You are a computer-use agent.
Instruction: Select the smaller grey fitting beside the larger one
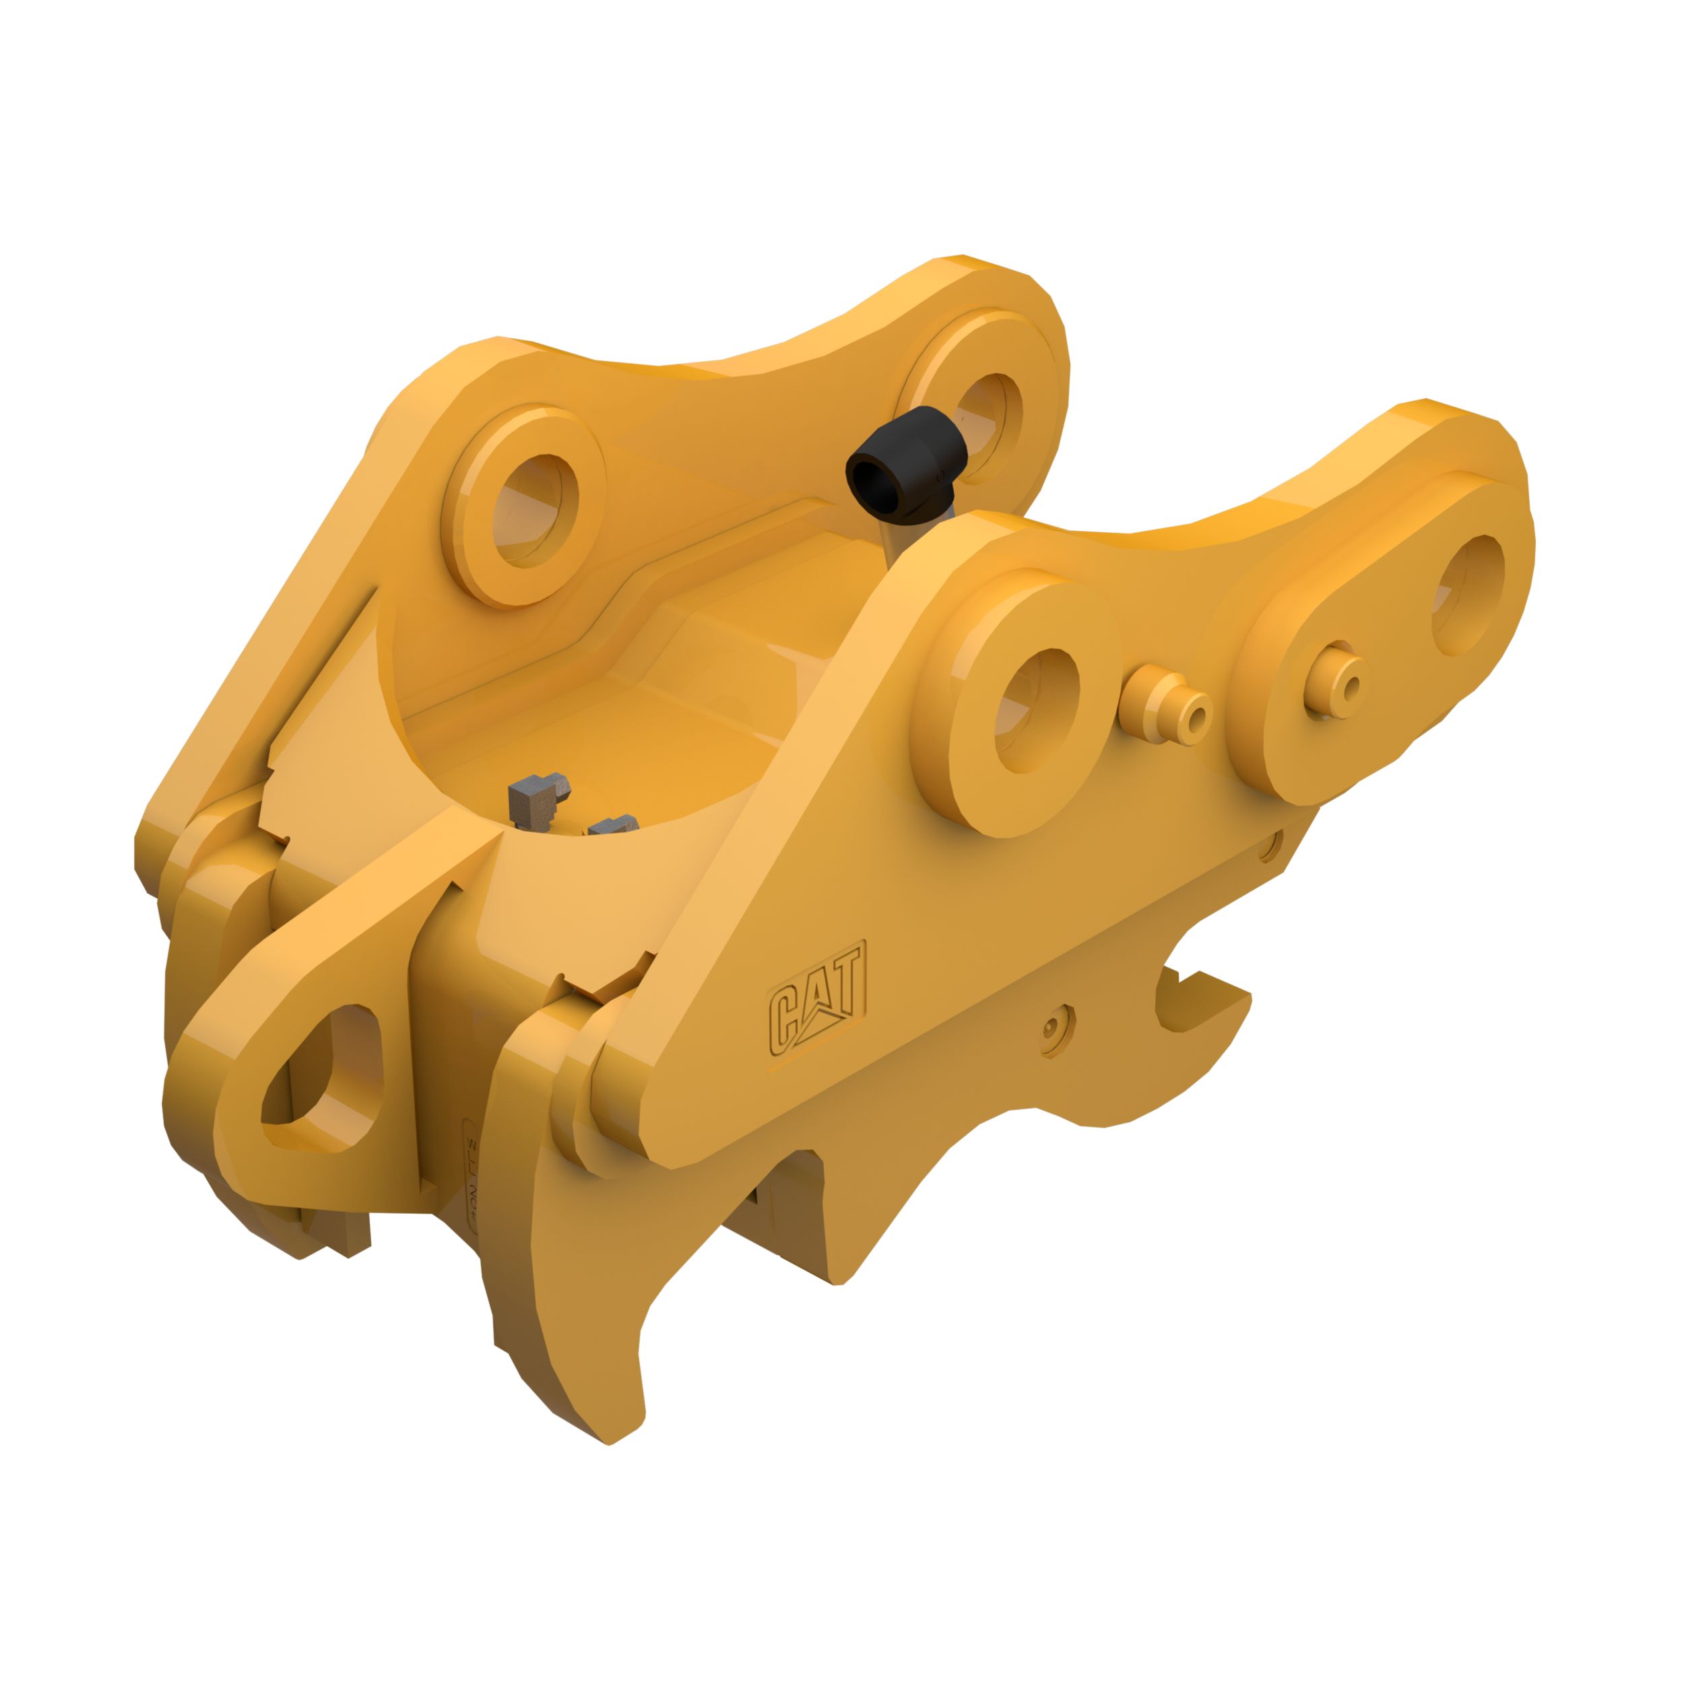[x=613, y=824]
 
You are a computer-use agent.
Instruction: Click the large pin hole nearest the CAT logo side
[x=1035, y=711]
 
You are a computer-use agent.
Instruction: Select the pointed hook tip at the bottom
[x=610, y=1429]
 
